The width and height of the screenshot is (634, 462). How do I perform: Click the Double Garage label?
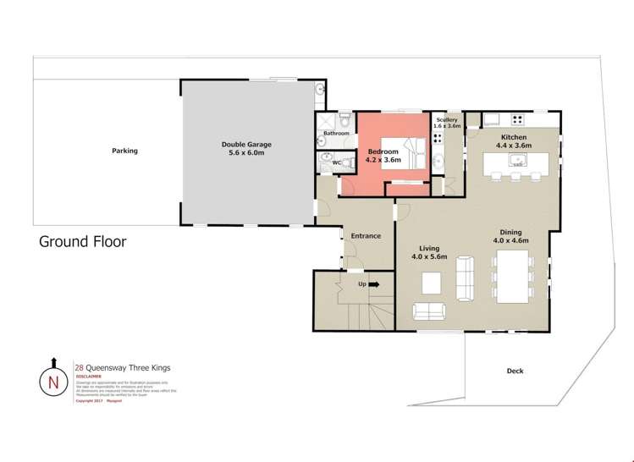tap(244, 148)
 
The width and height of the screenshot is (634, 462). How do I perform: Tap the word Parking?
tap(124, 151)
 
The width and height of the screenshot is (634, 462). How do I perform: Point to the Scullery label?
tap(447, 120)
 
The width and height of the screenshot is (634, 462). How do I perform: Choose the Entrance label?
tap(366, 236)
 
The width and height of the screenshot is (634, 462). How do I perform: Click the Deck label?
tap(515, 371)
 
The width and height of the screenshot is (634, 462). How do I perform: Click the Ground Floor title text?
tap(83, 242)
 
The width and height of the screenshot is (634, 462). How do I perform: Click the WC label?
tap(336, 162)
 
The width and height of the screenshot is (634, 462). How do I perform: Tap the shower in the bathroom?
tap(325, 121)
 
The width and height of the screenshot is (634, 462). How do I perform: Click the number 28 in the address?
tap(79, 368)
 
